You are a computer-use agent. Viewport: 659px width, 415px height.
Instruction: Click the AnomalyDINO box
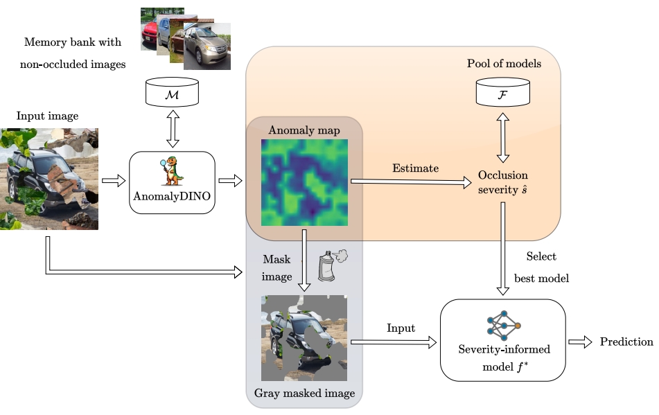[172, 182]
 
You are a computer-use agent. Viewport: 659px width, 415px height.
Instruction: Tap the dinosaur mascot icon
[173, 172]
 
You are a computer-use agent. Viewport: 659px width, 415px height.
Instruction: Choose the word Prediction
[626, 342]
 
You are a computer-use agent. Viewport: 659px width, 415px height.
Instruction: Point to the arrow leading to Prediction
[581, 342]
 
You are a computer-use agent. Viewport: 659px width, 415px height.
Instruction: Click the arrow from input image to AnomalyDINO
[113, 181]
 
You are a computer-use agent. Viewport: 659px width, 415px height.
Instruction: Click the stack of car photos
[186, 38]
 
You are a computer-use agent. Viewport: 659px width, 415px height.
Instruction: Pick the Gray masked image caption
[304, 393]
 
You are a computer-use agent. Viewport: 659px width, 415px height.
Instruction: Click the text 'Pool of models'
[504, 64]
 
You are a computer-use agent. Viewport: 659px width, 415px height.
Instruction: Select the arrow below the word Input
[393, 342]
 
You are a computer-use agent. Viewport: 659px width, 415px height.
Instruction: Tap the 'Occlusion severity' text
[504, 182]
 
